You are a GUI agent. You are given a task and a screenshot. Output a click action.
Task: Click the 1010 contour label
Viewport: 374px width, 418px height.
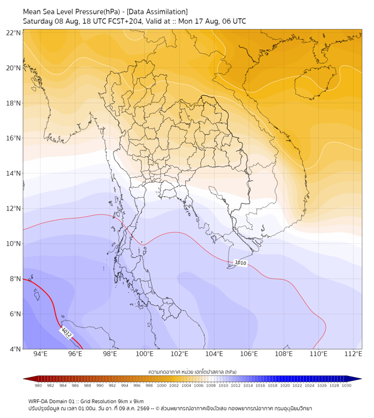240,263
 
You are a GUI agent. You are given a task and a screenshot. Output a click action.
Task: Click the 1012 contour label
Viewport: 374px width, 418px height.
66,333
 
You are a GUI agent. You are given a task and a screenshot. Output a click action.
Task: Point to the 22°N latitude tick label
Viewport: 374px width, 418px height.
13,33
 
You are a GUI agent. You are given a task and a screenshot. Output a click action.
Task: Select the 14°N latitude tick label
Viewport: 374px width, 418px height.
13,173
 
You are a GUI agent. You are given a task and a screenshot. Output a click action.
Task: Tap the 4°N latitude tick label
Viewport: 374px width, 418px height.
15,349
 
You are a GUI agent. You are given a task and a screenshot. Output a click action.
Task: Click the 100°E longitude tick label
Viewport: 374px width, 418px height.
144,354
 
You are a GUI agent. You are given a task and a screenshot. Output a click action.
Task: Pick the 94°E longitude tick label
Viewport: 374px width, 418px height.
40,354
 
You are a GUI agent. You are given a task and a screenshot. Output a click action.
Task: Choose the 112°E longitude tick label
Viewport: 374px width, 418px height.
353,354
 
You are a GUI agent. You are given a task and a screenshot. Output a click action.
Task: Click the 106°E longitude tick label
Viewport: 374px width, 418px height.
249,354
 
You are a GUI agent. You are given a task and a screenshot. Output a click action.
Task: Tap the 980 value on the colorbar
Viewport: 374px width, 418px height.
38,385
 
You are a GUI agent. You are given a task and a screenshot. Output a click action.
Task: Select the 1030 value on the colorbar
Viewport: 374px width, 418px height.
346,385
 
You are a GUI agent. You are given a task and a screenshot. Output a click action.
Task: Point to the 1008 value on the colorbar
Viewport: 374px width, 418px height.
211,385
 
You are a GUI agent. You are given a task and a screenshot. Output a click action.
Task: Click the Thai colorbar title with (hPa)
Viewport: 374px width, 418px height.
193,372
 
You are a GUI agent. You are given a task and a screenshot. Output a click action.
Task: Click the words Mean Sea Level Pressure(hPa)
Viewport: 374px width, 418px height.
71,12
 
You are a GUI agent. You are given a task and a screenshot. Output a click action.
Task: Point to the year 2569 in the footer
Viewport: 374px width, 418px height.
144,409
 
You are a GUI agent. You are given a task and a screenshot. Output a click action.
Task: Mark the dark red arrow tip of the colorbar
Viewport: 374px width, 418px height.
24,379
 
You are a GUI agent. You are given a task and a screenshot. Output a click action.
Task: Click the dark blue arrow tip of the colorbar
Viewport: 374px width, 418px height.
361,379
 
